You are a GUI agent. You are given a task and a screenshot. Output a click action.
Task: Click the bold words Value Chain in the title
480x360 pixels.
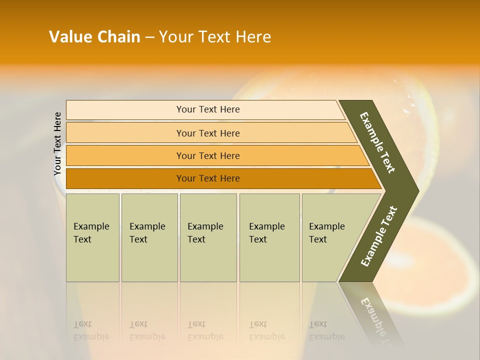[x=94, y=37]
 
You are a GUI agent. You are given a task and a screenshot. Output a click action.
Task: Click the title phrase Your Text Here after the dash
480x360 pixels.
[x=215, y=37]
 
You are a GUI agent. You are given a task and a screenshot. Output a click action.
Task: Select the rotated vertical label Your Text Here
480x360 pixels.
[x=57, y=143]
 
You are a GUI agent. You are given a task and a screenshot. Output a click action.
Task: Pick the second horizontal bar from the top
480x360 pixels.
[x=208, y=133]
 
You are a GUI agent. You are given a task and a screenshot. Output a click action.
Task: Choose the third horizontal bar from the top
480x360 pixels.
[x=208, y=155]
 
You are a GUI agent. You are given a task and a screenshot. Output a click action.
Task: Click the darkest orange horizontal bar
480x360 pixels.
[x=208, y=178]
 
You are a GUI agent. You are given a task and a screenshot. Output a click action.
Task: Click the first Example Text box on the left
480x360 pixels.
[x=92, y=237]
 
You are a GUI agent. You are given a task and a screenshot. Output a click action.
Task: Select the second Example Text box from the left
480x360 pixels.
[x=149, y=237]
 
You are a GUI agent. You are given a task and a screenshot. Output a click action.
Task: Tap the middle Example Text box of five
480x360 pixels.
[x=207, y=237]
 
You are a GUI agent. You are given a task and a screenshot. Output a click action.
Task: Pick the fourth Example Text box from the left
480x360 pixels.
[x=269, y=237]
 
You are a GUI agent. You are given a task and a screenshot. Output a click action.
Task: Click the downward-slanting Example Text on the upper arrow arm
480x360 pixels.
[x=377, y=142]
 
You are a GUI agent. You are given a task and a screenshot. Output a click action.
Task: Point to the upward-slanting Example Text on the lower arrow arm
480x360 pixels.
[x=378, y=236]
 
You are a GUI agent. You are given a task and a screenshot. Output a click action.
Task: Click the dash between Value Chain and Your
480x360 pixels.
[x=149, y=37]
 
